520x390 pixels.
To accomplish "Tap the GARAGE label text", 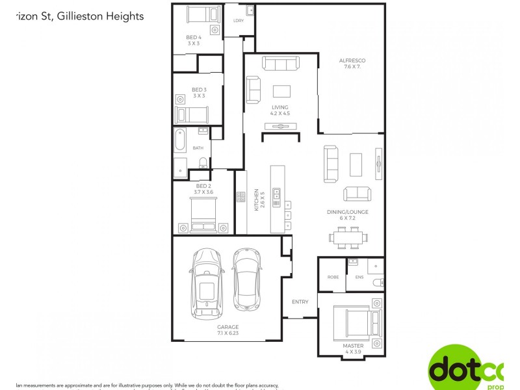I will (x=227, y=327).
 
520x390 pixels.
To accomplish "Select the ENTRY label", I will (x=300, y=302).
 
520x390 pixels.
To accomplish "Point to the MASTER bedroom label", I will (x=353, y=346).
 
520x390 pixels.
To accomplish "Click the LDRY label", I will (x=238, y=20).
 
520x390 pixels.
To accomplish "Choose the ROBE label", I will (x=333, y=277).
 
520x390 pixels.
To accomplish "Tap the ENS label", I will (x=359, y=277).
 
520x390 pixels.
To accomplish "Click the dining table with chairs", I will (x=347, y=237).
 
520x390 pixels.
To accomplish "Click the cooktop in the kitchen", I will (x=240, y=196).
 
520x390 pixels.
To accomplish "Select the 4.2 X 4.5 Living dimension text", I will (x=279, y=113).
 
